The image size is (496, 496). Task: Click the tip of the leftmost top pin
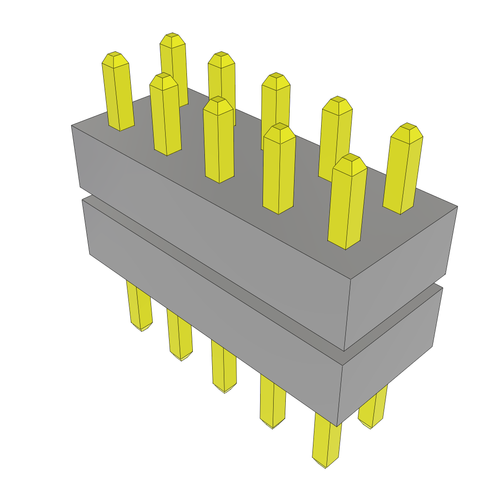click(x=115, y=57)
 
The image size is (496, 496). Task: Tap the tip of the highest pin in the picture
click(x=172, y=39)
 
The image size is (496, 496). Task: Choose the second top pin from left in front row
click(x=165, y=116)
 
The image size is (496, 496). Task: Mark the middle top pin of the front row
click(x=218, y=140)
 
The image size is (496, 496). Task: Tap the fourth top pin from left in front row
click(x=279, y=170)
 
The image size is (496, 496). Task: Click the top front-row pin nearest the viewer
click(x=346, y=203)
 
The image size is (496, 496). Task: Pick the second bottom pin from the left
click(x=180, y=337)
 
